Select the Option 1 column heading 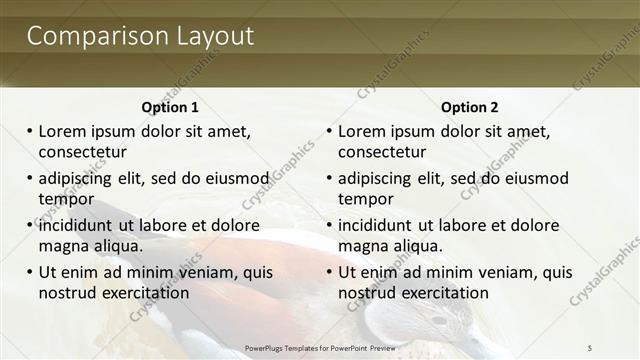[x=170, y=107]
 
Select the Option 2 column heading [x=469, y=107]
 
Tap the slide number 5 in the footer [x=590, y=346]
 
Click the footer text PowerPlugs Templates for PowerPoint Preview [x=320, y=346]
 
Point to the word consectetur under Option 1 [x=82, y=152]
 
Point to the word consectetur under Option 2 [x=382, y=152]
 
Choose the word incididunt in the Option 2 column [x=382, y=225]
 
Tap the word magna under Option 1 [x=63, y=246]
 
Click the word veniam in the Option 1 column [x=205, y=272]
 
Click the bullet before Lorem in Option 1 [x=30, y=132]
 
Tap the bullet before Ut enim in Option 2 [x=330, y=272]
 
